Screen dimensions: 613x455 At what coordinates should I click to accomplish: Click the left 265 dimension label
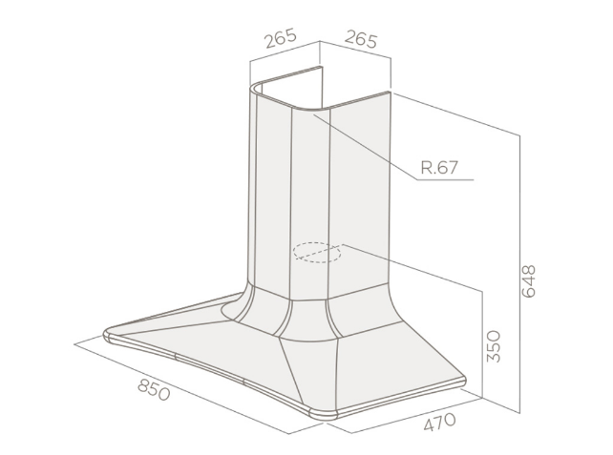click(x=281, y=38)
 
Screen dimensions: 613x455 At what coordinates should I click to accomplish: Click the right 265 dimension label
click(x=361, y=39)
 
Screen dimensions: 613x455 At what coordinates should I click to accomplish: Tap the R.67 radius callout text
click(x=439, y=168)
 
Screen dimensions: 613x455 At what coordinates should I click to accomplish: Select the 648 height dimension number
click(x=529, y=281)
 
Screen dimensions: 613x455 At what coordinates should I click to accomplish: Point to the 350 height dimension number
click(x=494, y=346)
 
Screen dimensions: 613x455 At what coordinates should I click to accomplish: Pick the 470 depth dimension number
click(x=440, y=422)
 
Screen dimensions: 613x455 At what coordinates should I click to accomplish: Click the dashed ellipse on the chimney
click(x=317, y=252)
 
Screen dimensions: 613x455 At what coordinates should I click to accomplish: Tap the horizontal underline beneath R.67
click(x=445, y=180)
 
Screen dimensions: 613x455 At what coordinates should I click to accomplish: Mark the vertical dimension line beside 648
click(x=519, y=274)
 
